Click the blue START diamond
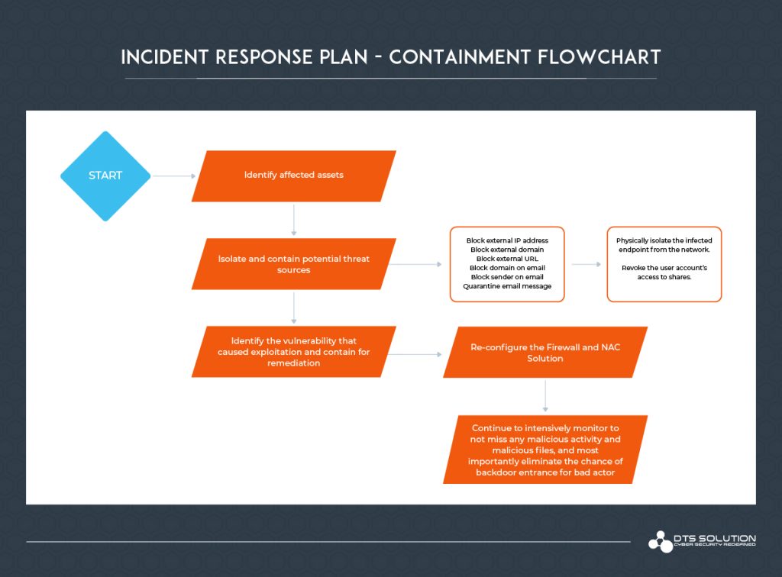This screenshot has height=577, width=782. pyautogui.click(x=105, y=176)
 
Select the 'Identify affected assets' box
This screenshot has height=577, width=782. pyautogui.click(x=294, y=176)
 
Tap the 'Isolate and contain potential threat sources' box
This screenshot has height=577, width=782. pyautogui.click(x=294, y=264)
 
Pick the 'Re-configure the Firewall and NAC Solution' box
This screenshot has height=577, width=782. pyautogui.click(x=545, y=352)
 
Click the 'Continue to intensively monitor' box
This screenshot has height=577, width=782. pyautogui.click(x=545, y=450)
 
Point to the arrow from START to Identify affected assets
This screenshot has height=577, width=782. pyautogui.click(x=174, y=176)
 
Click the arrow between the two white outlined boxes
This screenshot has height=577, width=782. pyautogui.click(x=586, y=264)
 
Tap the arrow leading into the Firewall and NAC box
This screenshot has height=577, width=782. pyautogui.click(x=418, y=353)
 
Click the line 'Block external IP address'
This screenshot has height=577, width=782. pyautogui.click(x=507, y=240)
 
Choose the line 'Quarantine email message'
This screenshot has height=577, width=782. pyautogui.click(x=507, y=286)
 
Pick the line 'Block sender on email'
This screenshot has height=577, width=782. pyautogui.click(x=507, y=277)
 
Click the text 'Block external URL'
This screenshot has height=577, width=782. pyautogui.click(x=507, y=259)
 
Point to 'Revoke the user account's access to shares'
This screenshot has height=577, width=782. pyautogui.click(x=664, y=272)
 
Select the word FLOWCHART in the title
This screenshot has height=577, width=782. pyautogui.click(x=609, y=58)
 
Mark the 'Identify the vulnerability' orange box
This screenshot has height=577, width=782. pyautogui.click(x=294, y=352)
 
